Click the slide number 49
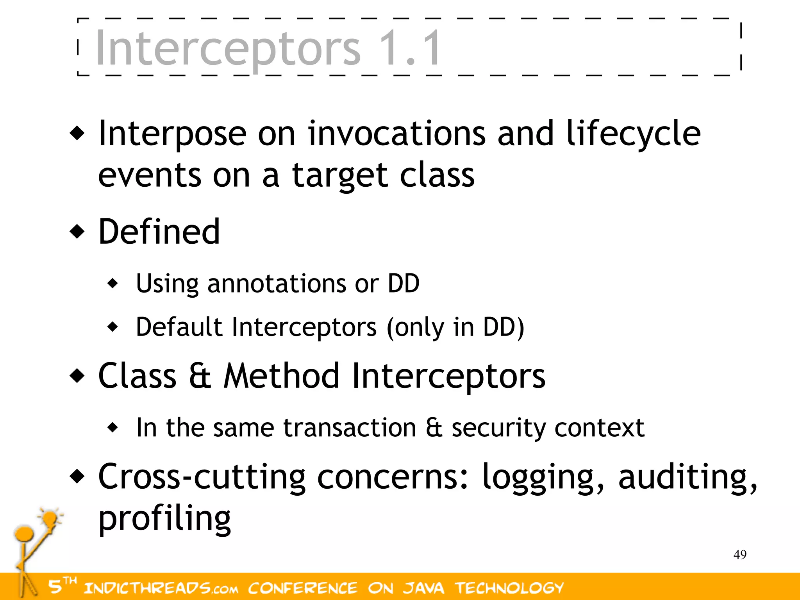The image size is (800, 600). (x=740, y=554)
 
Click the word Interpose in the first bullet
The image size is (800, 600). (x=172, y=134)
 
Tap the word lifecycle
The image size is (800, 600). (x=633, y=134)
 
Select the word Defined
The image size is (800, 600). (x=159, y=232)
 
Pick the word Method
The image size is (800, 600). (x=281, y=376)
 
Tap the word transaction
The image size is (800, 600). (x=350, y=427)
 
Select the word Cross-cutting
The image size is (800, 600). (x=202, y=477)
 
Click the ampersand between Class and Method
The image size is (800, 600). (x=200, y=376)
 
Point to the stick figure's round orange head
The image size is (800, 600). (x=24, y=533)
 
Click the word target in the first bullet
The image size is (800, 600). (x=339, y=175)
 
